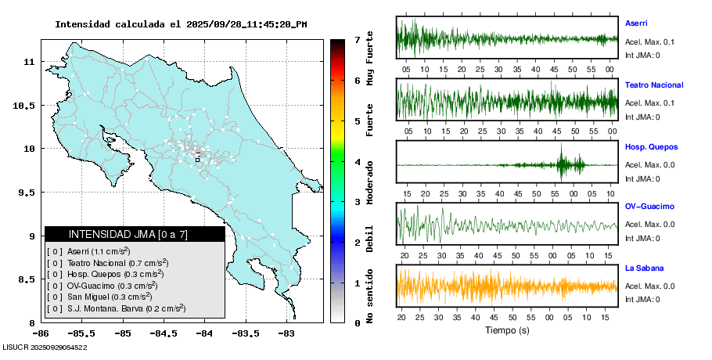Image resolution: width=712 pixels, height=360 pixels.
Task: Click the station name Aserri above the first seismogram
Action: click(x=636, y=23)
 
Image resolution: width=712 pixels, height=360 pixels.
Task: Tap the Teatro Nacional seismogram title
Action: click(x=654, y=85)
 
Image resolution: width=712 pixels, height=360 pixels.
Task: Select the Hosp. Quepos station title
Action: click(x=651, y=146)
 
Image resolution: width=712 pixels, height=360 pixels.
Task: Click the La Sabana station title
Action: click(x=644, y=268)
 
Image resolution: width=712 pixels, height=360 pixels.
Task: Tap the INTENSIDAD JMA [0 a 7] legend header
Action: click(x=135, y=234)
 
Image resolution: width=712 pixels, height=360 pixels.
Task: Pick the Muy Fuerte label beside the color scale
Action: click(x=370, y=58)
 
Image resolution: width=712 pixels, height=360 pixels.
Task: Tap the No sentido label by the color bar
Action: click(x=370, y=297)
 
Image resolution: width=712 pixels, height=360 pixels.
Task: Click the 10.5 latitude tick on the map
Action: click(x=27, y=106)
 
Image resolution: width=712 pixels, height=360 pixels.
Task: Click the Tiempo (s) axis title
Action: click(x=507, y=330)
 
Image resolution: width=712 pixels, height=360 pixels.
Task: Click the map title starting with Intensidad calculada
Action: click(x=181, y=24)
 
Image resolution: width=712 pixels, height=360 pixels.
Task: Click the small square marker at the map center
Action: click(x=198, y=159)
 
